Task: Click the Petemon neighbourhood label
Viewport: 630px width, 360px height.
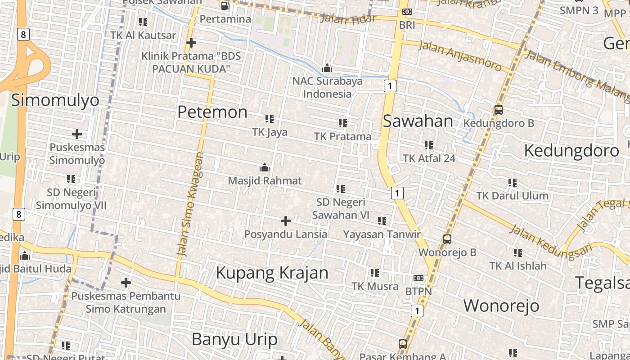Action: point(212,112)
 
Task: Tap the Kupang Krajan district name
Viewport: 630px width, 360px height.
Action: point(272,273)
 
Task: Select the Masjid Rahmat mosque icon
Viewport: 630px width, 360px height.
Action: point(265,167)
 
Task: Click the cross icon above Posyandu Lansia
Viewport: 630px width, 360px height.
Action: point(285,221)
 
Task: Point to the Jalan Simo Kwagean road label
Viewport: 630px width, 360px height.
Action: point(191,205)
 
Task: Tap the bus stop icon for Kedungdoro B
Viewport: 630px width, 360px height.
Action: point(498,109)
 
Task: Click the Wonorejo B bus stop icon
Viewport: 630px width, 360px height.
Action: point(447,239)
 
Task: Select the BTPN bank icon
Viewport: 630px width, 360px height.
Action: point(418,278)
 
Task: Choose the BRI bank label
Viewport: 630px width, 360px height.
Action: point(407,25)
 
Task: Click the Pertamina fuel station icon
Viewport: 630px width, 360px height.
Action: point(225,6)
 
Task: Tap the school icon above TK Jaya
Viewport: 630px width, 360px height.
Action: point(269,119)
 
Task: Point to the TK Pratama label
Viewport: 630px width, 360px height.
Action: point(343,136)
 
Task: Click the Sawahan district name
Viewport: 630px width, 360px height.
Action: point(418,121)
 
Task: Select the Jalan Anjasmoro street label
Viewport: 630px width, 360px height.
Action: point(460,56)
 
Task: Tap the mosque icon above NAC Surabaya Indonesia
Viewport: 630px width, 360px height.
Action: point(327,68)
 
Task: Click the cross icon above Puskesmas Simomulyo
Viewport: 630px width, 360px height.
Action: point(77,134)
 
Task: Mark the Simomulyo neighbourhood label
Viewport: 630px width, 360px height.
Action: point(55,100)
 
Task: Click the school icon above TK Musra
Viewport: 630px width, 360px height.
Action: point(374,273)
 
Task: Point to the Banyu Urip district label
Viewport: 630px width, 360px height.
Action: point(234,339)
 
